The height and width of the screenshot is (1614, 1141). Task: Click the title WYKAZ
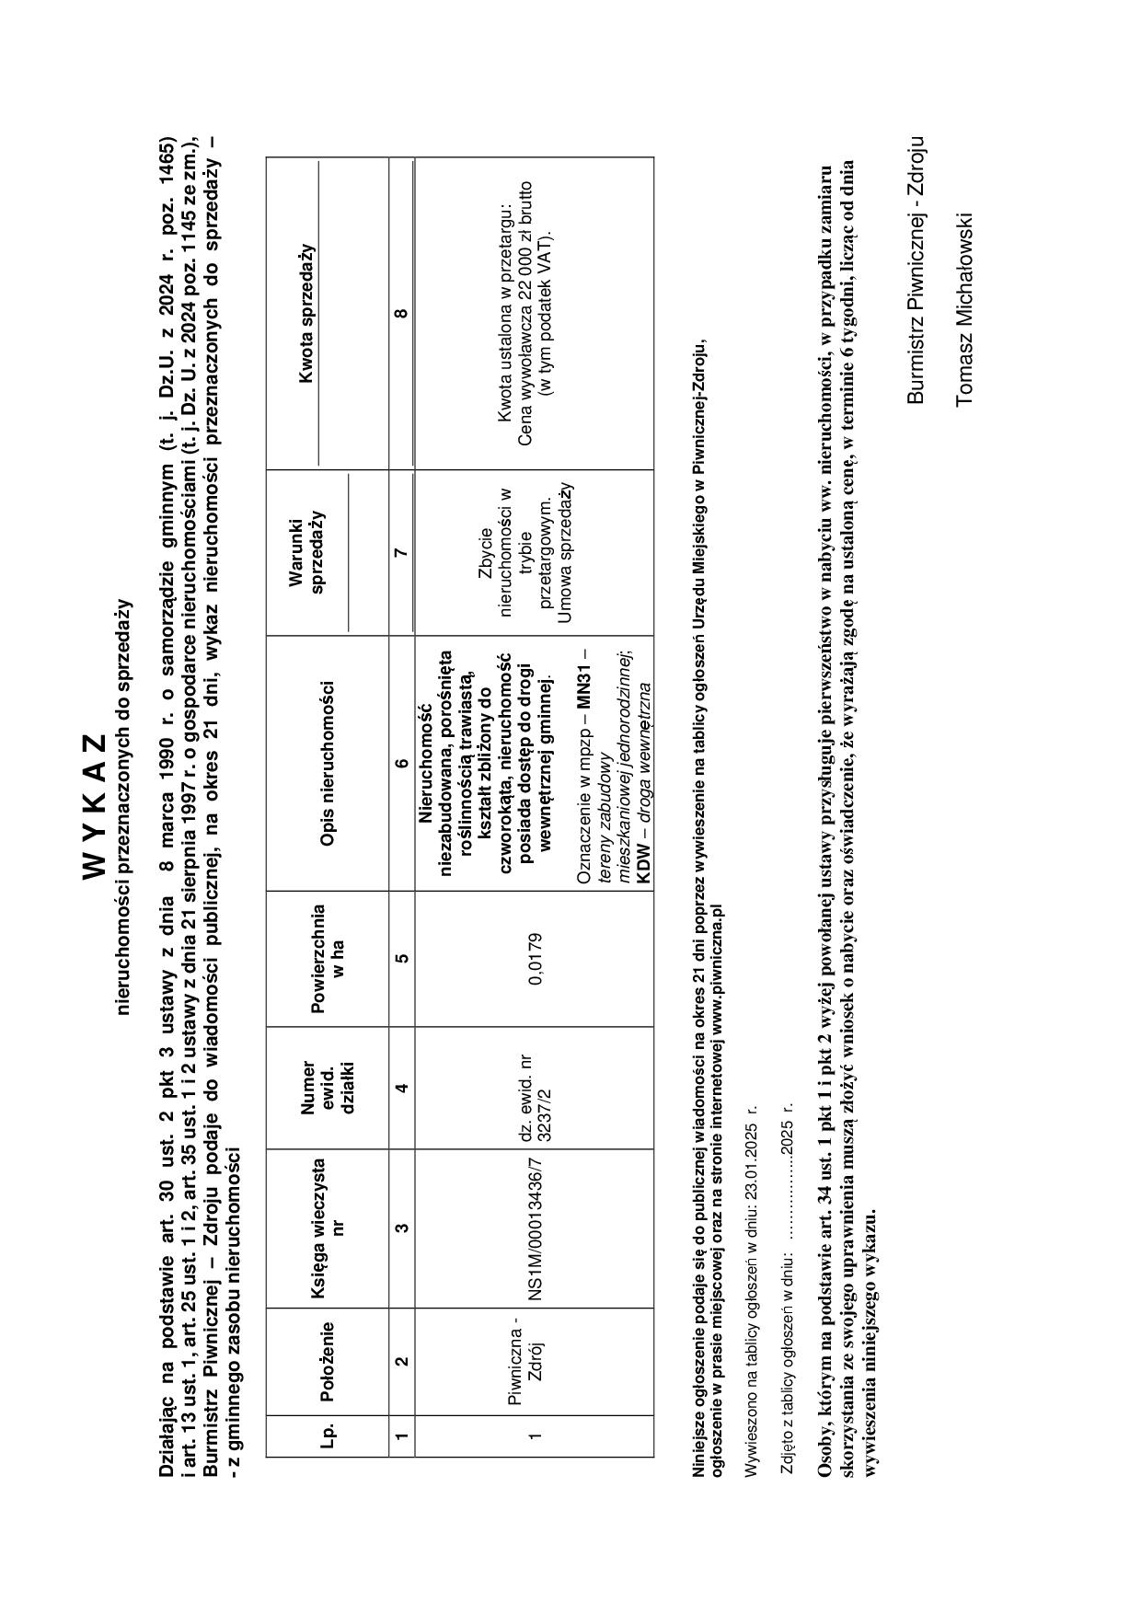[x=98, y=805]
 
